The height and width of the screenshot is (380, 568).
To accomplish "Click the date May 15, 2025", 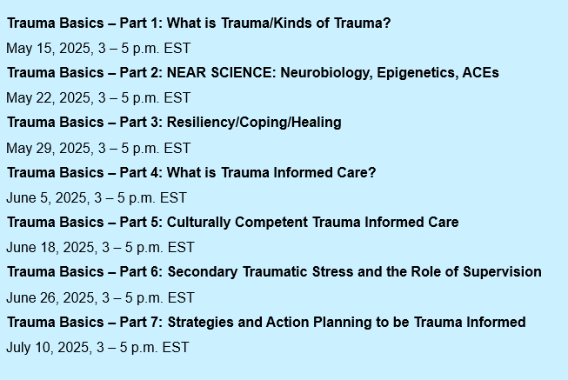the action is (x=48, y=49).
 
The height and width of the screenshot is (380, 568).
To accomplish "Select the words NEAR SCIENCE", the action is (x=219, y=72).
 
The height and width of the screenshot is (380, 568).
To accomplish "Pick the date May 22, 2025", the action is (x=48, y=98).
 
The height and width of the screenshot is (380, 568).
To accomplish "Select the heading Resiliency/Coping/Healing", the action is (x=254, y=123).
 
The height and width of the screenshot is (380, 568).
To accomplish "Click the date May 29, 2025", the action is (x=48, y=149).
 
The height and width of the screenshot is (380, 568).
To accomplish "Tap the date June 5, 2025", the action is (x=46, y=198).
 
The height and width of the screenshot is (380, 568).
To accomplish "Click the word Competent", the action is (x=271, y=223).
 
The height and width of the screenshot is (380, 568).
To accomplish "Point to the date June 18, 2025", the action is (x=50, y=248).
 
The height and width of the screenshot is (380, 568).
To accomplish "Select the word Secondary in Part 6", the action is (x=203, y=272).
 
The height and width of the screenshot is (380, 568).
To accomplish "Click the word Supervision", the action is (x=503, y=272).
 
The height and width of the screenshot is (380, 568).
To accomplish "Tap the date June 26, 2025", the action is (x=50, y=298).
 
